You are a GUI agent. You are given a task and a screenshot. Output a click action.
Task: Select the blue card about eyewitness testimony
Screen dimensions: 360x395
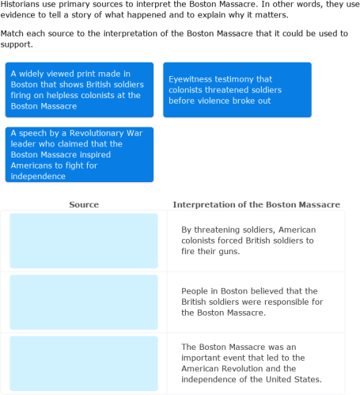(237, 89)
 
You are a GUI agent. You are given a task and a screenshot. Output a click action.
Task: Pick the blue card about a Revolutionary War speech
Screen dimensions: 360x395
(79, 154)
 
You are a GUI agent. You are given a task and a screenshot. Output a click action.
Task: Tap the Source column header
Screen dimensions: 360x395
(84, 204)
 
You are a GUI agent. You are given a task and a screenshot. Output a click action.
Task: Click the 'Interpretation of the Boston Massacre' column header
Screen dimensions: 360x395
(256, 204)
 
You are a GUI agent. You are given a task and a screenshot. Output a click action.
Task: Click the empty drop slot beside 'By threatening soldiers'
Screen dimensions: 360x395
(84, 241)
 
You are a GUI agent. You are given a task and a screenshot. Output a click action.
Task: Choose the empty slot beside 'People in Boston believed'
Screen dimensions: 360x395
(84, 302)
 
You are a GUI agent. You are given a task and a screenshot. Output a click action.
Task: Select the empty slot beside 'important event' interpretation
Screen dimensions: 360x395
(84, 363)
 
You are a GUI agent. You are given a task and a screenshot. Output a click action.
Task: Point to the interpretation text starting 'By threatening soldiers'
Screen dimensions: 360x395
(247, 241)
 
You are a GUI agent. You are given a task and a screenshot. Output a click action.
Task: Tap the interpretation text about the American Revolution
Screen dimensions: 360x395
(250, 363)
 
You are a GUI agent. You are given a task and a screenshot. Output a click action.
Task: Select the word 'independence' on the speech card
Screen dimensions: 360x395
(37, 177)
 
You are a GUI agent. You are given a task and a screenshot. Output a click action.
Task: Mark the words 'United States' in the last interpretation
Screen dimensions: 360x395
(295, 380)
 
